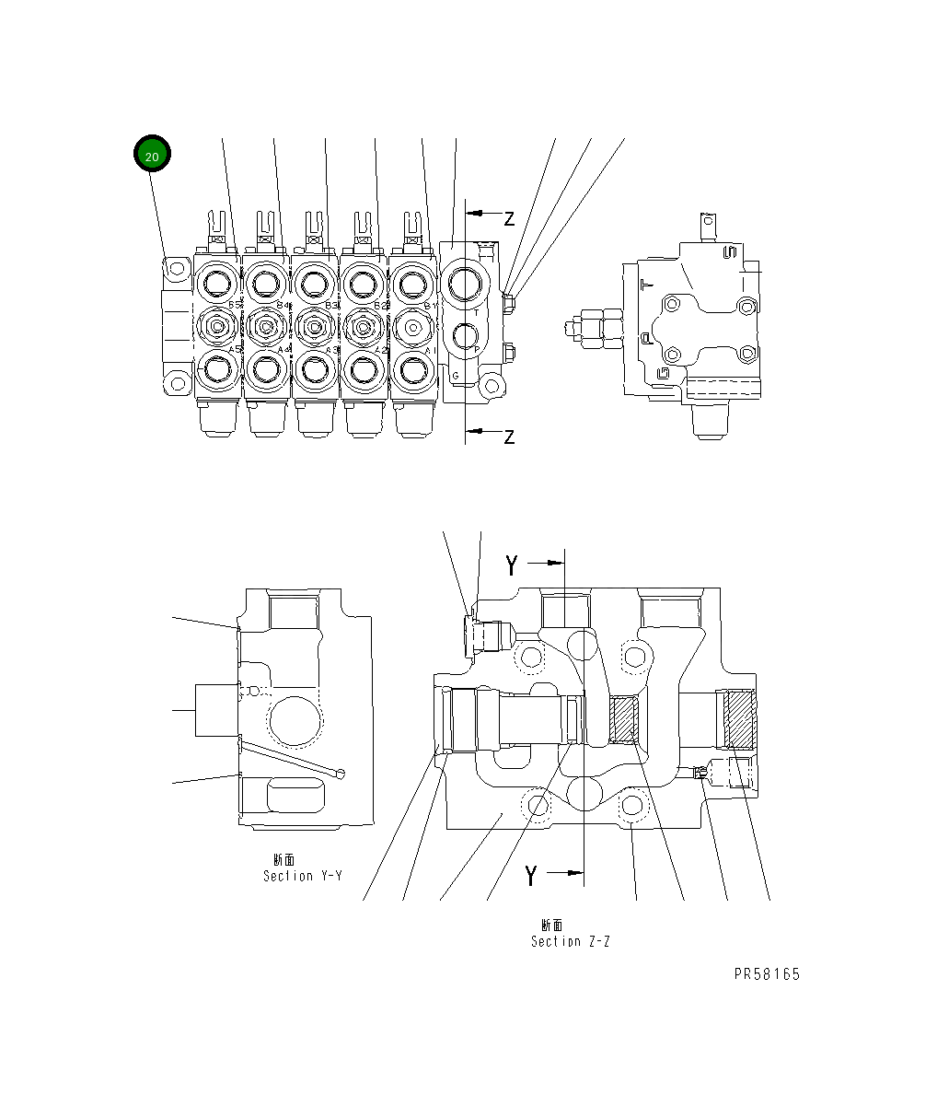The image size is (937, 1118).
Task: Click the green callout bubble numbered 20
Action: [x=152, y=156]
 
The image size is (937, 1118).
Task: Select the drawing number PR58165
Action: [x=767, y=974]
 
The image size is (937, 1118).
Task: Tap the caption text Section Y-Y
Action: [x=302, y=876]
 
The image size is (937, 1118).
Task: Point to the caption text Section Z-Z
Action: [x=570, y=941]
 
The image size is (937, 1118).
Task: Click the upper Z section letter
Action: [x=509, y=218]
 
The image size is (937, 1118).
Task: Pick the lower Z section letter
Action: [x=509, y=437]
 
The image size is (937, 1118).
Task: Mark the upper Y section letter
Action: [x=512, y=565]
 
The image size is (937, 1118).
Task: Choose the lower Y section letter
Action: [x=531, y=876]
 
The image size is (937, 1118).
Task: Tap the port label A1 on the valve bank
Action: [x=427, y=350]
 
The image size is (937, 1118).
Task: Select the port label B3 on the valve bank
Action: [x=332, y=304]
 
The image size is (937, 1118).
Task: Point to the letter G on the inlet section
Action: [x=456, y=375]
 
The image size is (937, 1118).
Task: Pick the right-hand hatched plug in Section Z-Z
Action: [x=739, y=718]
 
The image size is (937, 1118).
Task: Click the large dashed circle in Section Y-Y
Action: [x=295, y=723]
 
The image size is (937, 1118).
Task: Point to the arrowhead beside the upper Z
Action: [x=479, y=213]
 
